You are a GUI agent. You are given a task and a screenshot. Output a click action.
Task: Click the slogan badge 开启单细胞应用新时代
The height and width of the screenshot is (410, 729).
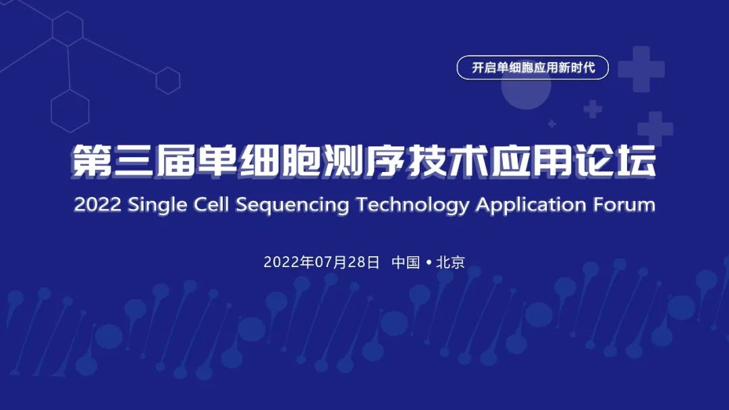[533, 68]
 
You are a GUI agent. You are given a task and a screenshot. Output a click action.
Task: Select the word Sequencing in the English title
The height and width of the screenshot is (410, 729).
[292, 205]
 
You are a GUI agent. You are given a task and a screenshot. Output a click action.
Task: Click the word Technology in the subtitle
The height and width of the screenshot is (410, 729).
[412, 205]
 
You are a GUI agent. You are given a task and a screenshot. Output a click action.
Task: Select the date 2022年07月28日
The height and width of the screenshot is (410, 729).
[322, 262]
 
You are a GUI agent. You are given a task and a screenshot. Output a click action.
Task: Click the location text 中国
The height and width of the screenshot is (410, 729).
[406, 262]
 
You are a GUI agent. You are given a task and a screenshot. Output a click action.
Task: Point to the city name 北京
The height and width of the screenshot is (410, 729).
[451, 262]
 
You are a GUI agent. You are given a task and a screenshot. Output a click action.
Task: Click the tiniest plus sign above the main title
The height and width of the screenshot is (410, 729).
[552, 123]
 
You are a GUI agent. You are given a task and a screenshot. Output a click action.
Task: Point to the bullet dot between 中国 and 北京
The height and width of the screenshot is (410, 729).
[429, 263]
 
